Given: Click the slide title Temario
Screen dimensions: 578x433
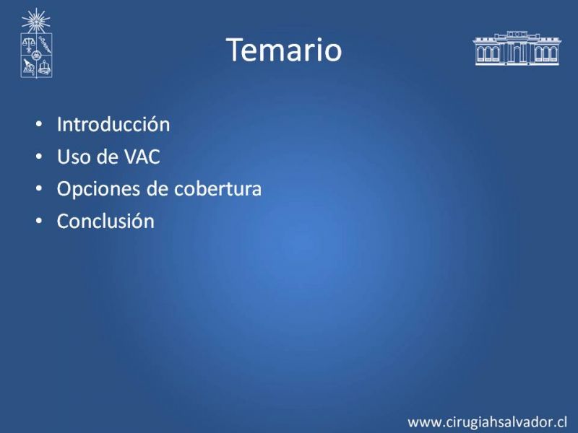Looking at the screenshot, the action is (284, 50).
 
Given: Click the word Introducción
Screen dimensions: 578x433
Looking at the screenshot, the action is (113, 124).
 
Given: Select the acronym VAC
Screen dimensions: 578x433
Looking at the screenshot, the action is (142, 157).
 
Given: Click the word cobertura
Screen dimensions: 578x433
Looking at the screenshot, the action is (217, 188).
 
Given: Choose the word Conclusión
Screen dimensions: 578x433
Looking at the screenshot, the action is (105, 221).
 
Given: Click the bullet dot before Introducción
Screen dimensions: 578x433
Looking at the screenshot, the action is (39, 124).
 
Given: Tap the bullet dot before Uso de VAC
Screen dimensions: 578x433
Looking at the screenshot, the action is (39, 157).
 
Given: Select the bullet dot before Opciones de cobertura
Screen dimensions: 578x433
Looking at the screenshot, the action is (39, 189).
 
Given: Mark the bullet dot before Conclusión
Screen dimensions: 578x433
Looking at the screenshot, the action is (39, 222).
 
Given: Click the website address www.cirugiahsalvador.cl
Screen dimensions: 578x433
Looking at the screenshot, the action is (487, 422).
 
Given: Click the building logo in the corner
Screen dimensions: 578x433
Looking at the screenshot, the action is (517, 48).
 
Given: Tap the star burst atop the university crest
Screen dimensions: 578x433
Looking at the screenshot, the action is (35, 21).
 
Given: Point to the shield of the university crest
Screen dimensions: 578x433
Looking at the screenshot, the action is (36, 56).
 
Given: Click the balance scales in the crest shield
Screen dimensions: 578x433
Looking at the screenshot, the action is (28, 45).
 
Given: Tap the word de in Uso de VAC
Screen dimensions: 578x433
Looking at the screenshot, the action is (107, 157).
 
